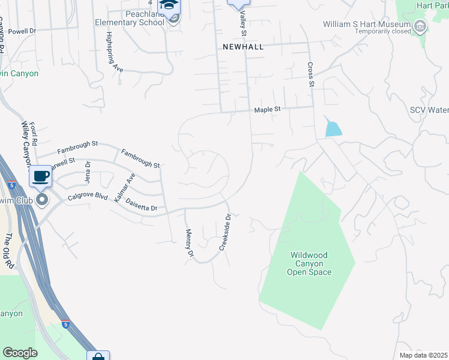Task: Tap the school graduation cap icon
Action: tap(169, 5)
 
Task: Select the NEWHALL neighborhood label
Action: tap(243, 46)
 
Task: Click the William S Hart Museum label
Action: tap(366, 25)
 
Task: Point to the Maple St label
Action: tap(268, 110)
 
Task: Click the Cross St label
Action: tap(311, 74)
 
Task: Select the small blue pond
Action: tap(333, 128)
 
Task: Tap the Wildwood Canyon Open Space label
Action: tap(309, 263)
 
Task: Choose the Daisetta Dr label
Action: tap(142, 205)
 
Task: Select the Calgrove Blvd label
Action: tap(88, 197)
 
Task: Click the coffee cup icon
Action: tap(41, 176)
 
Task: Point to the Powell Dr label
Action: tap(23, 30)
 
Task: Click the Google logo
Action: tap(20, 353)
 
